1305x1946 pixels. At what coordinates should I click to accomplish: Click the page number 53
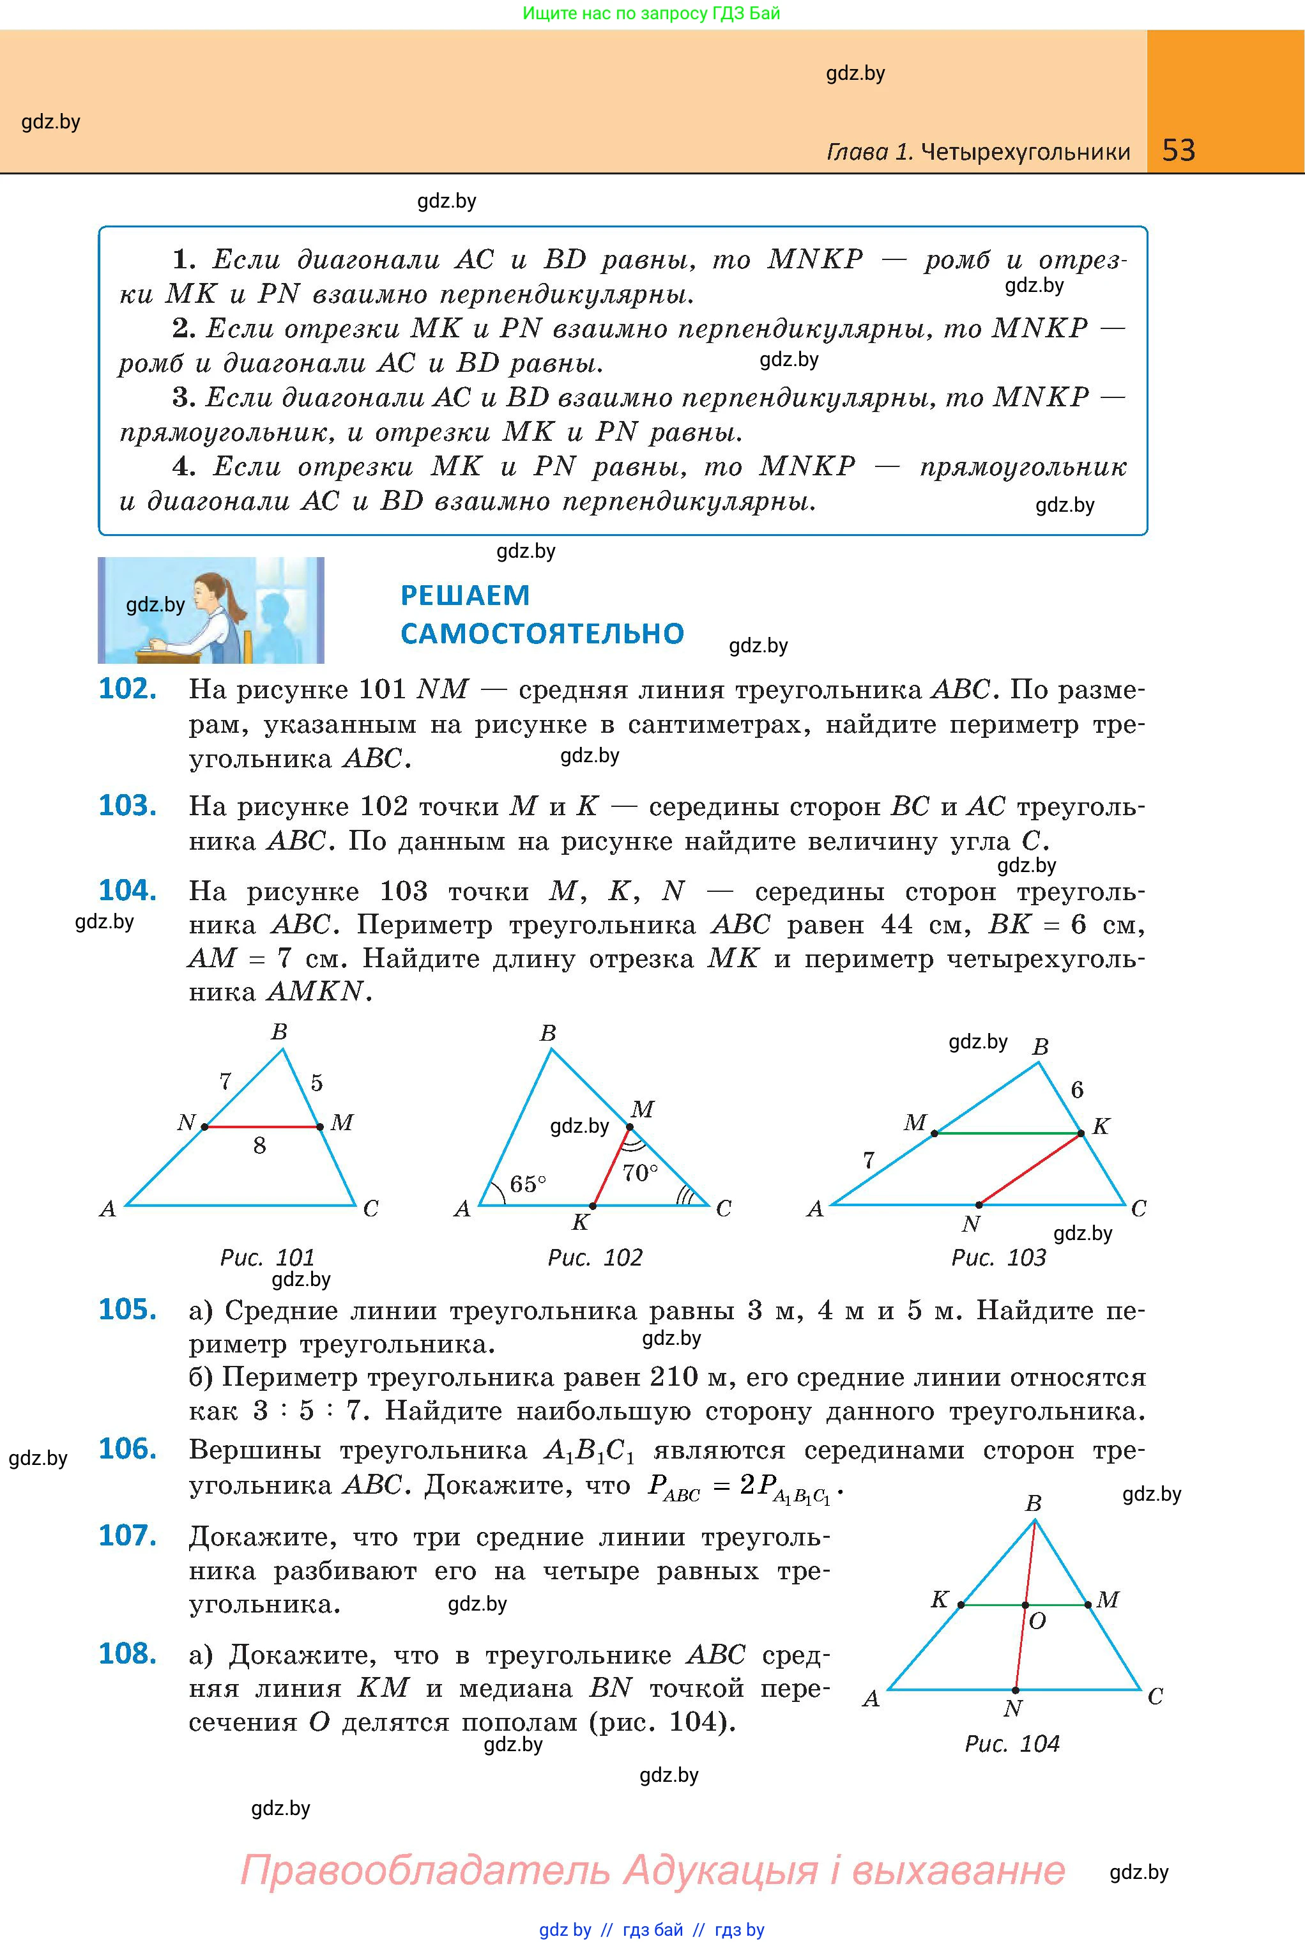pos(1179,150)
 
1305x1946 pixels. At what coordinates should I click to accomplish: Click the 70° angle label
pos(640,1173)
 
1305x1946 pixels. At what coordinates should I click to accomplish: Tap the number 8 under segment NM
pos(260,1146)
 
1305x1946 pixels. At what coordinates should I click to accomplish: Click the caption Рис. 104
pos(1012,1743)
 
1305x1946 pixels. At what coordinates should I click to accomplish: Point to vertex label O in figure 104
pos(1037,1621)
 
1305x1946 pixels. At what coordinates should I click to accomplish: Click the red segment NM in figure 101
pos(262,1127)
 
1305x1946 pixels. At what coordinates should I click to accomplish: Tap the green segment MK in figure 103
pos(1007,1133)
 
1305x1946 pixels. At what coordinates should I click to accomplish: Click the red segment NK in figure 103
pos(1030,1169)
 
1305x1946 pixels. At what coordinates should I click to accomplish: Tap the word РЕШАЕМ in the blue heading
pos(464,595)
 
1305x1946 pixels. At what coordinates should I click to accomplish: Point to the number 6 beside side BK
pos(1077,1089)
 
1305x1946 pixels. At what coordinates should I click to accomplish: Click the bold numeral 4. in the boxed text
pos(183,466)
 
